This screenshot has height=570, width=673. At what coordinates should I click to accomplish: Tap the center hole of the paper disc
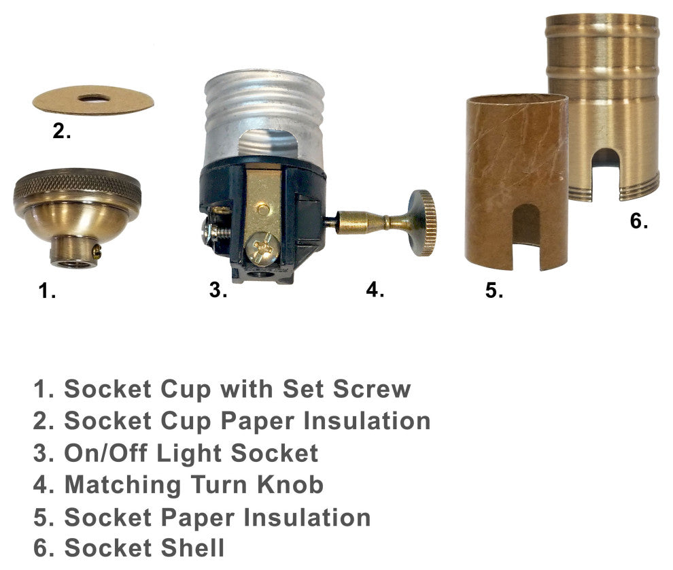[x=94, y=99]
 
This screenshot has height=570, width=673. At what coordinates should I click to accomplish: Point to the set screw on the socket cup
[x=98, y=252]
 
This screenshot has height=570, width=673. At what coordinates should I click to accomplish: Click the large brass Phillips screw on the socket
[x=262, y=248]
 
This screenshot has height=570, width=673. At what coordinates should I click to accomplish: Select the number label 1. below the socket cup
[x=47, y=291]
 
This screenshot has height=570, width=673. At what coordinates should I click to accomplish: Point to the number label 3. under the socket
[x=218, y=290]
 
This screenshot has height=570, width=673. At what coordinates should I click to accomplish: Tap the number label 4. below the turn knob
[x=375, y=290]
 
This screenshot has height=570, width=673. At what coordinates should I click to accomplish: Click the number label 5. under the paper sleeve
[x=494, y=290]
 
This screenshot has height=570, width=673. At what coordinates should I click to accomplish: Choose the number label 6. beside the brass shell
[x=638, y=221]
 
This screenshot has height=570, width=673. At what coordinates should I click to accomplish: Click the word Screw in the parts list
[x=372, y=389]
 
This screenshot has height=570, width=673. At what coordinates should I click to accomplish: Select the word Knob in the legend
[x=290, y=484]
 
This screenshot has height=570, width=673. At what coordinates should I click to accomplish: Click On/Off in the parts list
[x=106, y=453]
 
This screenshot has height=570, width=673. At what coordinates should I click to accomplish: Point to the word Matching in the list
[x=123, y=486]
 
